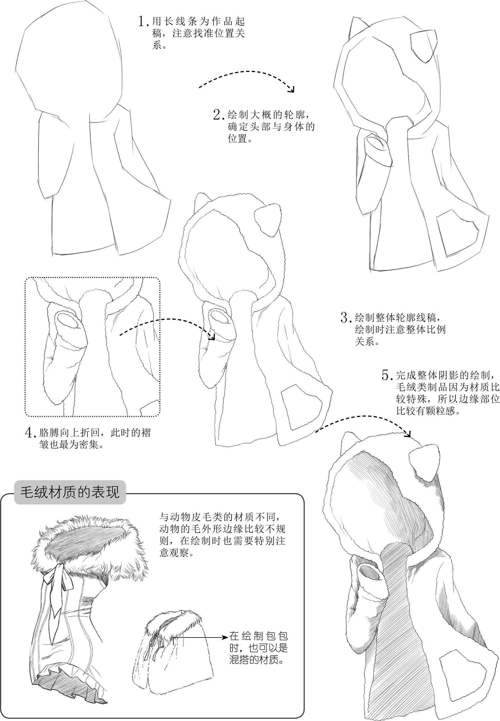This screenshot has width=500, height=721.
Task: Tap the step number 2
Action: tap(218, 115)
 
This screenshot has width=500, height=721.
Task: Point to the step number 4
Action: tap(30, 433)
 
